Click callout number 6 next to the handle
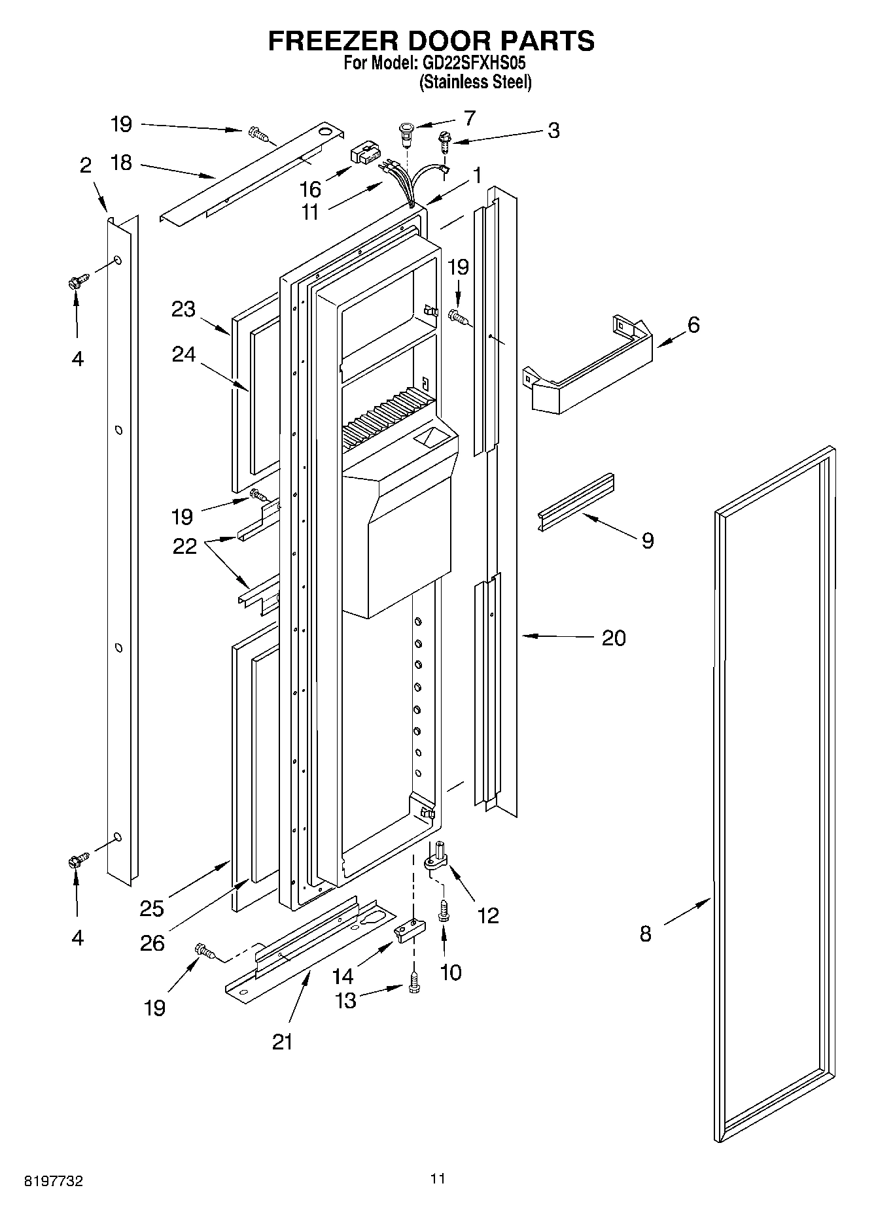click(693, 324)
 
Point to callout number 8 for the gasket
click(646, 934)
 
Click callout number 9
click(647, 540)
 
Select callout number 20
click(614, 637)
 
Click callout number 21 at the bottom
click(283, 1041)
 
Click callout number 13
click(345, 1000)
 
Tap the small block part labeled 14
click(410, 929)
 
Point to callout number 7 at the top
click(469, 118)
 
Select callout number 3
click(553, 130)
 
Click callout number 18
click(121, 163)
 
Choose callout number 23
click(183, 309)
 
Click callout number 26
click(152, 943)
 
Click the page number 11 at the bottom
click(438, 1178)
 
